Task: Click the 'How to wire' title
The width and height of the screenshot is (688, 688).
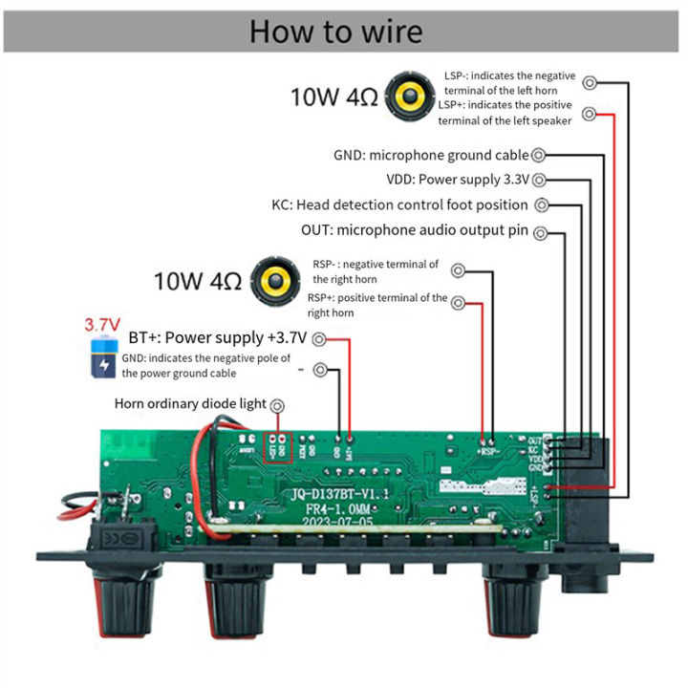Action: click(335, 32)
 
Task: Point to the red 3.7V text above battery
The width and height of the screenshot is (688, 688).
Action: click(102, 324)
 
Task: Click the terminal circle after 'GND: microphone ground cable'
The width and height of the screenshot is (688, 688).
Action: click(540, 155)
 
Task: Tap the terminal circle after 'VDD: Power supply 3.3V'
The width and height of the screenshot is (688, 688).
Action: click(540, 180)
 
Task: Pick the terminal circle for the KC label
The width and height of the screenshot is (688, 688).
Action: click(542, 204)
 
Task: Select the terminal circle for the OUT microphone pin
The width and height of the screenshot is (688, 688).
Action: click(542, 230)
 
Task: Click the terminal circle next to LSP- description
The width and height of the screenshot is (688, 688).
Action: click(591, 83)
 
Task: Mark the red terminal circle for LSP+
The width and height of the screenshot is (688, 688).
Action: click(591, 114)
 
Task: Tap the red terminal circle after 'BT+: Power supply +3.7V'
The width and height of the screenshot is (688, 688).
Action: click(318, 338)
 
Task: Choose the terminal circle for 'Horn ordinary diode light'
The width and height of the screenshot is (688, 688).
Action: click(277, 404)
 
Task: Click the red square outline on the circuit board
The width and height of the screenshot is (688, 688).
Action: click(278, 446)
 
